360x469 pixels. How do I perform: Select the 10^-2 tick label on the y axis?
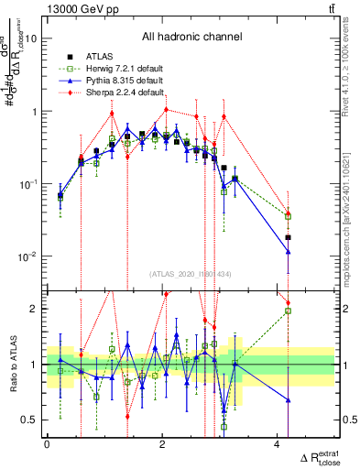point(27,256)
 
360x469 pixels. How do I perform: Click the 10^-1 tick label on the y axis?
point(27,184)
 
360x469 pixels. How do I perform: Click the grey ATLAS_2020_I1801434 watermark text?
point(191,274)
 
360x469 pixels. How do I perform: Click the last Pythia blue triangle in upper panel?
point(288,237)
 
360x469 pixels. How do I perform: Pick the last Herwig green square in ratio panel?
point(288,311)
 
